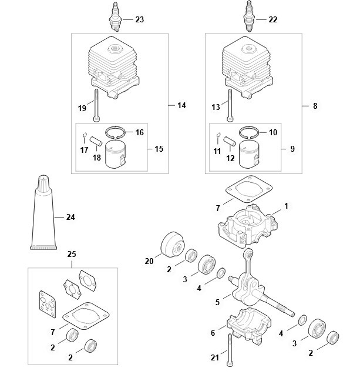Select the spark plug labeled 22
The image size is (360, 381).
pyautogui.click(x=250, y=16)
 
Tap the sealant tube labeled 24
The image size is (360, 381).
pyautogui.click(x=43, y=212)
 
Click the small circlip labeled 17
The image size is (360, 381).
pyautogui.click(x=85, y=135)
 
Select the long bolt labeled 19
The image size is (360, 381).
pyautogui.click(x=96, y=105)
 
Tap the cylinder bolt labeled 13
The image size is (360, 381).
pyautogui.click(x=230, y=105)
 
